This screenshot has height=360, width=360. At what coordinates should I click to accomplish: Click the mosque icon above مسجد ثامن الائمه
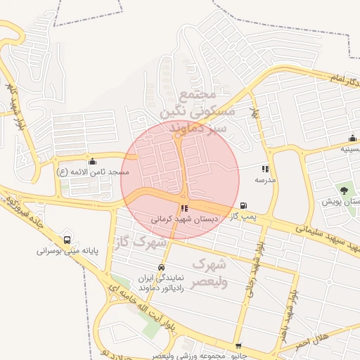coord(93,161)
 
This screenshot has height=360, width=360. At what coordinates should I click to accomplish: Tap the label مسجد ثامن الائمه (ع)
coord(94,172)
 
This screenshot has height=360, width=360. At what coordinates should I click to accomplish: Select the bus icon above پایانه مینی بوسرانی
coord(67,240)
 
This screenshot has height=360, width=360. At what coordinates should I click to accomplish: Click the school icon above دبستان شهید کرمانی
coord(184,208)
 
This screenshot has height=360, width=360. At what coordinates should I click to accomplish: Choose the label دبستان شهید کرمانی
coord(185,219)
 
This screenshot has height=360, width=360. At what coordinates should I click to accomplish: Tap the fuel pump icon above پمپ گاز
coord(243,206)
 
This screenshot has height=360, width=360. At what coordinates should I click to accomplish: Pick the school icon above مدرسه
coord(265,169)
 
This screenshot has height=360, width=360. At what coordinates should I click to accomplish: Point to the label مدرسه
coord(265,180)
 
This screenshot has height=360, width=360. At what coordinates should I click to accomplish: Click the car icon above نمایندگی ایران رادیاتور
coord(162,268)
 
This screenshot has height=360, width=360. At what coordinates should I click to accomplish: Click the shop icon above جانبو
coord(239,347)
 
